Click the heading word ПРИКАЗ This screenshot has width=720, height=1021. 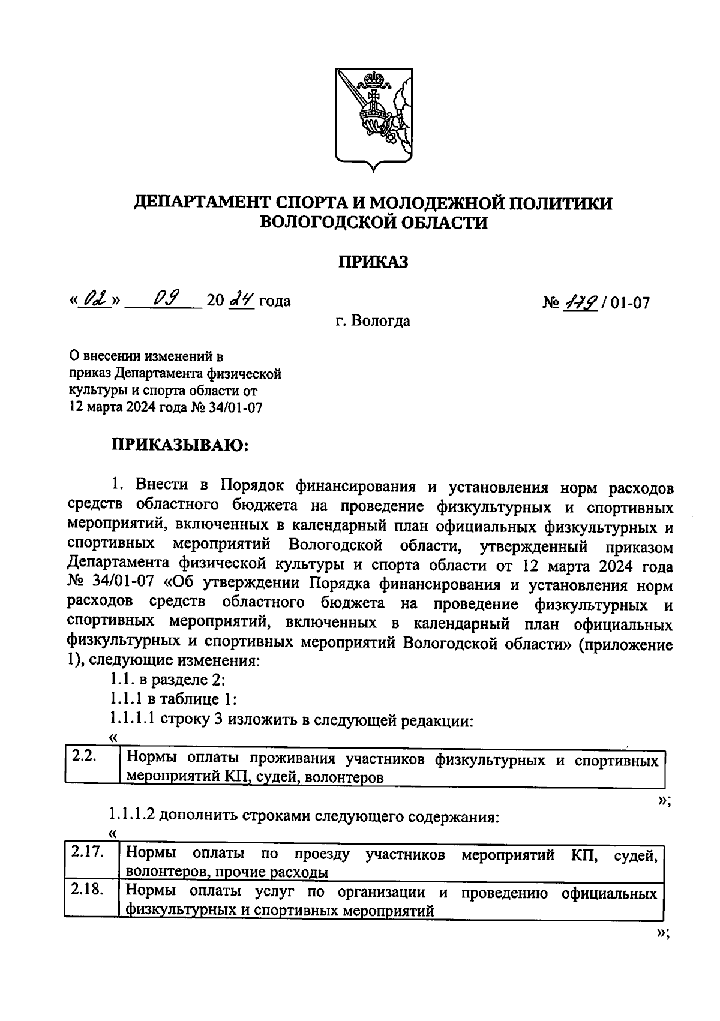[x=373, y=262]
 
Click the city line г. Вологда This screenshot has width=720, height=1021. [x=373, y=321]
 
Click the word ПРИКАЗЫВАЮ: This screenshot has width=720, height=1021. [x=179, y=445]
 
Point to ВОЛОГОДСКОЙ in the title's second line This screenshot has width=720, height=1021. [x=329, y=223]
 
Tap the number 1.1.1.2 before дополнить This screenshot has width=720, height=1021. [x=132, y=816]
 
